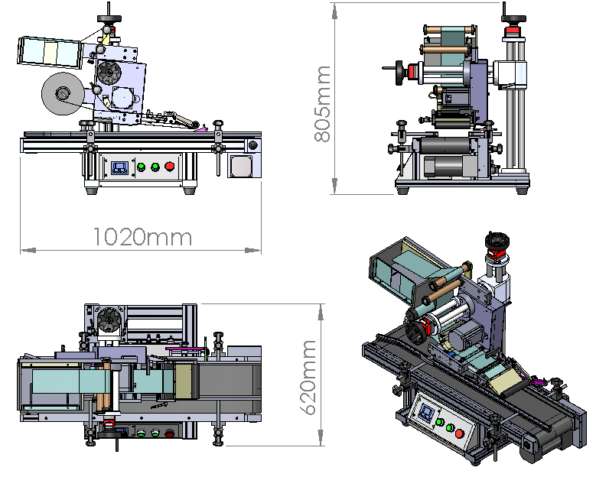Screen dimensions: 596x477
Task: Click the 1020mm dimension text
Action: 142,237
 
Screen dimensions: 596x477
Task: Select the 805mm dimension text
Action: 323,104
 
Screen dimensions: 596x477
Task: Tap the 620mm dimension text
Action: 308,378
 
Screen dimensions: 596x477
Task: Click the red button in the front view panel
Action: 170,167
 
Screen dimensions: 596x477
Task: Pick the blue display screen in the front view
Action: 119,167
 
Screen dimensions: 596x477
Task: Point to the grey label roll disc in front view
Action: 63,93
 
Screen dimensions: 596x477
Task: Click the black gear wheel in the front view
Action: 109,72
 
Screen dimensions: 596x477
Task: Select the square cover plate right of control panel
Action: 240,166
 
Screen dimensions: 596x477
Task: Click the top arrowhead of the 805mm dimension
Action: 334,11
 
